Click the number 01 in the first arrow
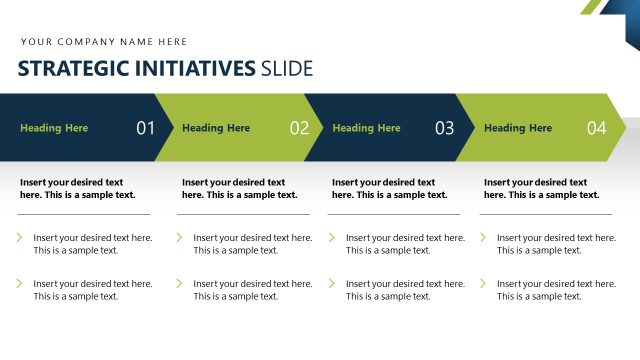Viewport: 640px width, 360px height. (146, 128)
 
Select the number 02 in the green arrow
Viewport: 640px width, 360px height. (299, 128)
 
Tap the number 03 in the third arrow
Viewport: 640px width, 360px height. (444, 128)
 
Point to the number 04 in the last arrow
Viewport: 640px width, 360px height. (597, 128)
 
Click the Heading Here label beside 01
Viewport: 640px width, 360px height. (54, 128)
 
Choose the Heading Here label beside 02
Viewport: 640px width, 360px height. (216, 128)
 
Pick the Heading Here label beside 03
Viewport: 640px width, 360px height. (366, 128)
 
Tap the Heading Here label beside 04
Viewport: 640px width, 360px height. (518, 128)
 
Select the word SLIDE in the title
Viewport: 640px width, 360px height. (286, 69)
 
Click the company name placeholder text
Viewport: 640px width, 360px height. (104, 42)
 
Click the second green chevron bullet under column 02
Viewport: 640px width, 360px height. (180, 284)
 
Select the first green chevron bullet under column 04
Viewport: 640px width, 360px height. (483, 238)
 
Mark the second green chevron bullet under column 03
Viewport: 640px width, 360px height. (332, 284)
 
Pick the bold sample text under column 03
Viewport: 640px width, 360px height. (389, 188)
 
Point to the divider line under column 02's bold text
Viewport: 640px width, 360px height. (244, 214)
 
